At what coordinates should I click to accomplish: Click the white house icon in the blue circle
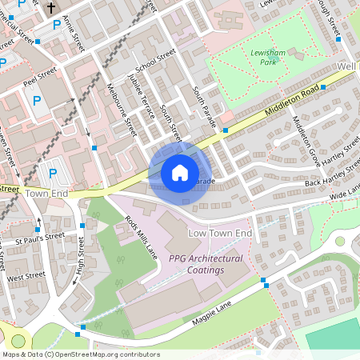[180, 172]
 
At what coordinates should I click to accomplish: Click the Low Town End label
[219, 233]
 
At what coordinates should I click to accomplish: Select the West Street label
[27, 276]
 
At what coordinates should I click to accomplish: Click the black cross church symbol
[51, 8]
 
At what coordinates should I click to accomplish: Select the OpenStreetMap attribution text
[81, 354]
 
